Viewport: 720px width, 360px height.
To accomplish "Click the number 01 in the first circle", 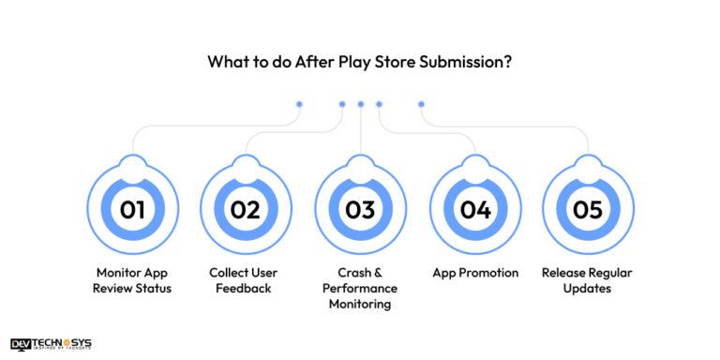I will coord(132,209).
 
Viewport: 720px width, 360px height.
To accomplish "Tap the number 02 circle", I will coord(246,209).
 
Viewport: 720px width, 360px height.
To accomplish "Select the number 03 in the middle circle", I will coord(360,209).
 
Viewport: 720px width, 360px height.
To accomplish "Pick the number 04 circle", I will coord(475,209).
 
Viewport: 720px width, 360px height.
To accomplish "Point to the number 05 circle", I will coord(589,209).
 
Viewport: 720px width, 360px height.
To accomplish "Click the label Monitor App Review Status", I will coord(132,280).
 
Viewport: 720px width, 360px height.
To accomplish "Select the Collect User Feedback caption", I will coord(246,280).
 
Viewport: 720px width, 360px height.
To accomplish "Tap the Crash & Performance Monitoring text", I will coord(360,288).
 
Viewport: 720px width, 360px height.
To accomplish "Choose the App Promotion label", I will coord(475,273).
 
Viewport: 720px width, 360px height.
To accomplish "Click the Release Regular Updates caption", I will coord(589,280).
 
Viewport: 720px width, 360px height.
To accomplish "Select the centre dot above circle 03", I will coord(360,104).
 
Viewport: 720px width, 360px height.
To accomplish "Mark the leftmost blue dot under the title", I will coord(299,104).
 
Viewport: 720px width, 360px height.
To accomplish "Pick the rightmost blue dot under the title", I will coord(421,104).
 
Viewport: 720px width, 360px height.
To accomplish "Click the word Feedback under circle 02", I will coord(246,288).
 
